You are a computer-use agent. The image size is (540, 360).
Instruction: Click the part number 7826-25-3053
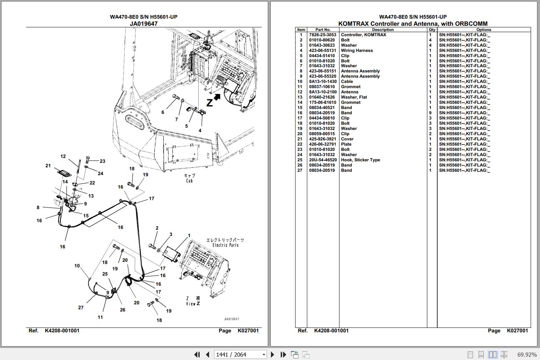(x=322, y=35)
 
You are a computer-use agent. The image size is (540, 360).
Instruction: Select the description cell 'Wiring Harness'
(x=357, y=50)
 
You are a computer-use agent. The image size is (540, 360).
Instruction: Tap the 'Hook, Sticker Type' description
(x=360, y=160)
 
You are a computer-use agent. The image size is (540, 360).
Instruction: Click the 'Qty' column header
(x=432, y=30)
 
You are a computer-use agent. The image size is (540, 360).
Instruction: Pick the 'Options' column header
(x=483, y=30)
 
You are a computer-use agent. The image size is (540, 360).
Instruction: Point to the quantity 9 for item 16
(x=430, y=113)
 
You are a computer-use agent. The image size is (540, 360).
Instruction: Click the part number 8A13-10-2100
(x=322, y=92)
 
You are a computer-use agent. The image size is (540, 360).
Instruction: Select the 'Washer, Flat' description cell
(x=354, y=97)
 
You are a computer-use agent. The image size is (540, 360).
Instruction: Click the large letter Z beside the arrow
(x=210, y=103)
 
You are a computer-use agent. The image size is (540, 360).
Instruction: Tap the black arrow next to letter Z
(x=217, y=97)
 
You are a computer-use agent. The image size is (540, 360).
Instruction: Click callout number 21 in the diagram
(x=48, y=166)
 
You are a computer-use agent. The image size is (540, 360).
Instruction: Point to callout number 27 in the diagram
(x=81, y=308)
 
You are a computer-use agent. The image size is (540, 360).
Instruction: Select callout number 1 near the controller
(x=189, y=236)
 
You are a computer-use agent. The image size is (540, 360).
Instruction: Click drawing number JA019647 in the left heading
(x=143, y=24)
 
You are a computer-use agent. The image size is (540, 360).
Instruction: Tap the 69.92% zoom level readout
(x=527, y=354)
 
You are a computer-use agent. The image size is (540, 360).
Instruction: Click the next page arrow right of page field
(x=273, y=354)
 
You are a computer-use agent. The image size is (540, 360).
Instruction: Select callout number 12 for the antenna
(x=63, y=156)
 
